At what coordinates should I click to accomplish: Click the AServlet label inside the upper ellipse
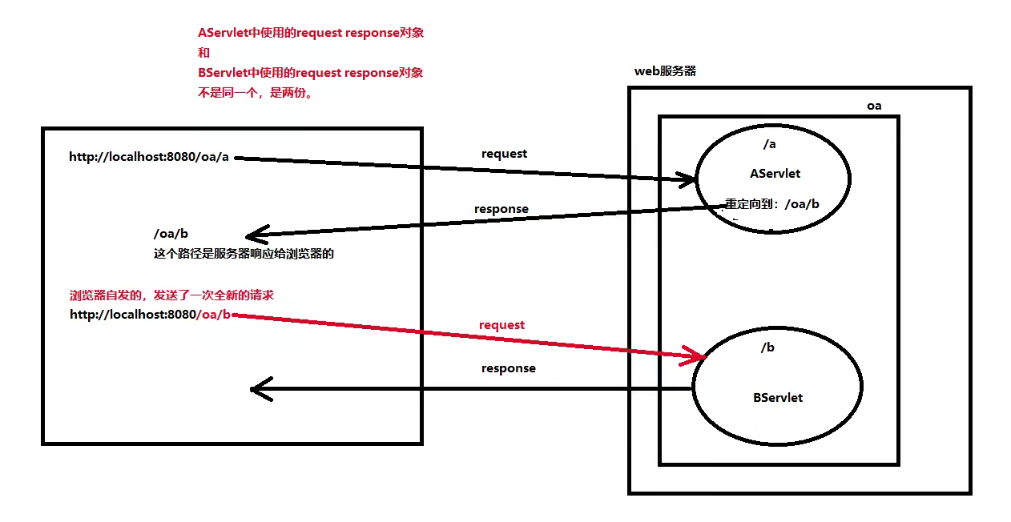click(775, 174)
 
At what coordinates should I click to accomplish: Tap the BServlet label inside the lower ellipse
click(777, 397)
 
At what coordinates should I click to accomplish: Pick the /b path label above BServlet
click(767, 347)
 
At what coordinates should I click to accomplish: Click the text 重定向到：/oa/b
click(772, 204)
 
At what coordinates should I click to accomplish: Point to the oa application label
click(874, 106)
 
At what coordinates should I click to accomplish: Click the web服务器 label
click(665, 71)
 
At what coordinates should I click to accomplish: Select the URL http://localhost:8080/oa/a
click(149, 157)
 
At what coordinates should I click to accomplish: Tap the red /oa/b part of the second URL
click(214, 315)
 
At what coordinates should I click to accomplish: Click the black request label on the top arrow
click(504, 154)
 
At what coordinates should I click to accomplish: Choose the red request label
click(501, 325)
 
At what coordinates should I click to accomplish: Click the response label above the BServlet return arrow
click(508, 368)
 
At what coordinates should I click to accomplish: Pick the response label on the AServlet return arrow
click(501, 209)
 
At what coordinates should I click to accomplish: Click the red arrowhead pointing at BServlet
click(694, 356)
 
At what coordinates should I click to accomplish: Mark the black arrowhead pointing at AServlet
click(687, 180)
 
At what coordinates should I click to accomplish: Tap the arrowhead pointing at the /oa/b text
click(255, 235)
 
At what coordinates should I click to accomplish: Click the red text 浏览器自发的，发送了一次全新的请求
click(171, 295)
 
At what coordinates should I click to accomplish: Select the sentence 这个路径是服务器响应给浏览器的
click(243, 255)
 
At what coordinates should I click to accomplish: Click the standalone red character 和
click(203, 53)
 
